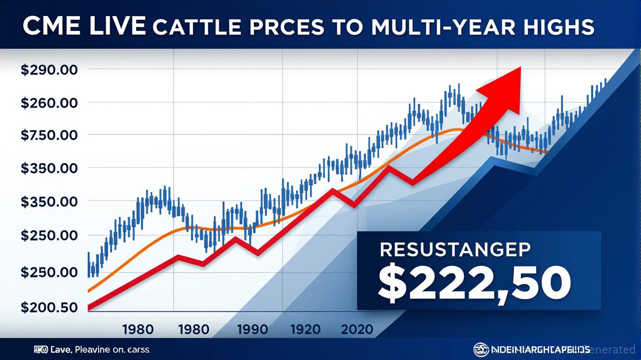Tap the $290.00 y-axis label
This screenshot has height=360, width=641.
tap(49, 70)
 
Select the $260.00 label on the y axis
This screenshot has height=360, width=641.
tap(49, 103)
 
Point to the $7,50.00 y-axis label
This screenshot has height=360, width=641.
tap(49, 135)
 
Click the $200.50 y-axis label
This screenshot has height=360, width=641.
tap(49, 307)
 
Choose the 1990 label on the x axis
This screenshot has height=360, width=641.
tap(253, 329)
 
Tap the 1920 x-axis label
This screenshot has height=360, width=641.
tap(305, 329)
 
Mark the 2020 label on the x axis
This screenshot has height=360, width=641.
tap(357, 329)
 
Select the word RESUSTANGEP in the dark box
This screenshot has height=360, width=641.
tap(455, 250)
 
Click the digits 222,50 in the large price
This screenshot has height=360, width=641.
tap(487, 283)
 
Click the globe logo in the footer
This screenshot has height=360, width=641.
tap(480, 349)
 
